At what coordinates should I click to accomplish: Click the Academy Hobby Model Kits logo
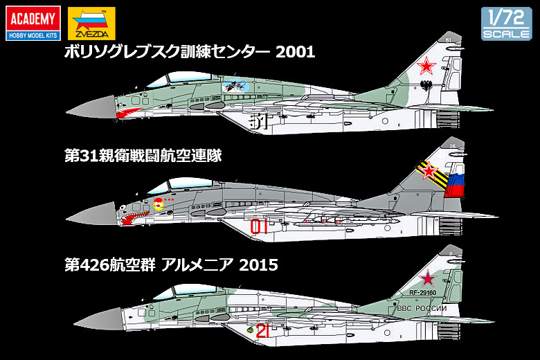click(30, 23)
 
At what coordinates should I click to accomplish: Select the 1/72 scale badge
click(507, 24)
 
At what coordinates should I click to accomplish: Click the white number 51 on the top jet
click(256, 120)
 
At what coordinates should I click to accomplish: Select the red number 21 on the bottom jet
click(262, 332)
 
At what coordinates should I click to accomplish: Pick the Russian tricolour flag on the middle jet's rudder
click(454, 185)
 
